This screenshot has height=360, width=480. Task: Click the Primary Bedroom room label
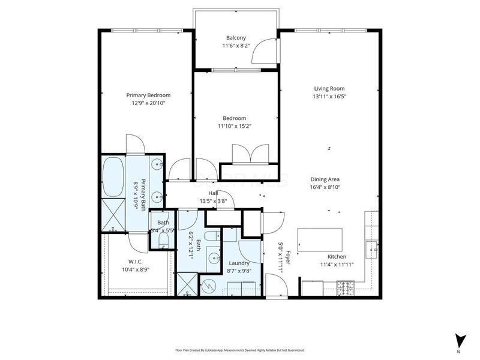(x=148, y=95)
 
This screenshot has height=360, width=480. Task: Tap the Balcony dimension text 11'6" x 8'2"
(x=236, y=46)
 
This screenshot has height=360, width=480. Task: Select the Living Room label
(x=329, y=88)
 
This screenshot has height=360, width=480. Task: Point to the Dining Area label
(x=325, y=179)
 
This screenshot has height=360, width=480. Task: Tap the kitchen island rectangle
(x=320, y=241)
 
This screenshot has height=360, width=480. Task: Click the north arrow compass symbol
(x=459, y=340)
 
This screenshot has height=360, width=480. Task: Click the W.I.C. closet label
(x=134, y=262)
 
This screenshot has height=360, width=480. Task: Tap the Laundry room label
(x=239, y=263)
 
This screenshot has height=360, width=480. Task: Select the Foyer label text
(x=287, y=258)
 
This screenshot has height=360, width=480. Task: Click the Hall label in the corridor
(x=213, y=193)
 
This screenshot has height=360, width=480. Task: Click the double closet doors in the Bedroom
(x=253, y=154)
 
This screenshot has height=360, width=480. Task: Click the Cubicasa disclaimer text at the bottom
(x=239, y=350)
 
